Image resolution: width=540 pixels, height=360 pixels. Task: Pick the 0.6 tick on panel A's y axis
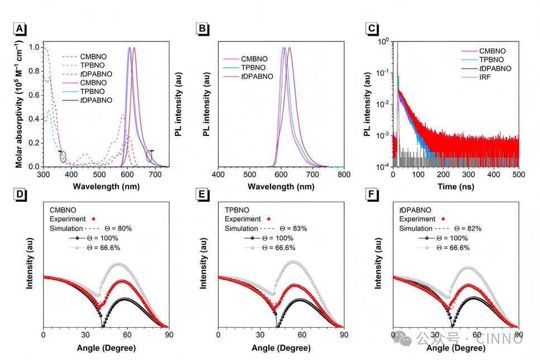tap(35, 95)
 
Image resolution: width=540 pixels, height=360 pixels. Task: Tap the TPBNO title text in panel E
tap(237, 210)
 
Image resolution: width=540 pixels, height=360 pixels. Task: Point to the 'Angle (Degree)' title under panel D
tap(106, 347)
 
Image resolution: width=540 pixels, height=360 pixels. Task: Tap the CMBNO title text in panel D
tap(63, 210)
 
